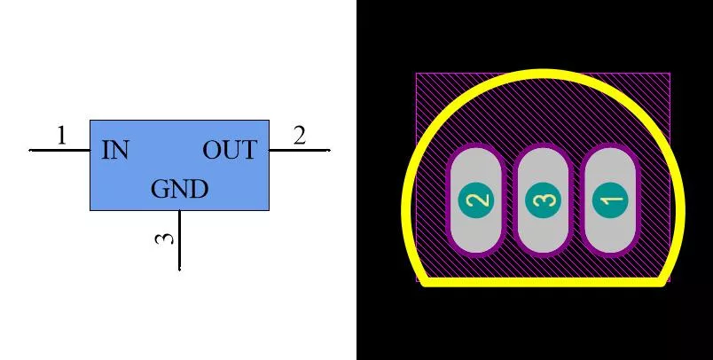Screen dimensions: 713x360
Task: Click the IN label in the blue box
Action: click(115, 150)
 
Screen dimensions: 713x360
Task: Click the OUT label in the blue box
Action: click(230, 150)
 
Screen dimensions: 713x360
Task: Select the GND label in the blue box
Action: click(180, 189)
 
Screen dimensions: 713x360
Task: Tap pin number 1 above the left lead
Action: click(61, 136)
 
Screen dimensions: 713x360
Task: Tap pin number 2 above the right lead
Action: click(299, 136)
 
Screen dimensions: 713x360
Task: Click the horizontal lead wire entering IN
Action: click(59, 150)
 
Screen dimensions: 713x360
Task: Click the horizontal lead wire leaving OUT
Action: click(300, 150)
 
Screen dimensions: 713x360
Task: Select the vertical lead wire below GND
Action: click(180, 240)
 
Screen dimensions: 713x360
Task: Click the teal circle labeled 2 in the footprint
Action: click(475, 200)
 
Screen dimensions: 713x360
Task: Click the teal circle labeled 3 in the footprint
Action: click(543, 200)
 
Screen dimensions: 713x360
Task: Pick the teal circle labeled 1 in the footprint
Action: click(610, 200)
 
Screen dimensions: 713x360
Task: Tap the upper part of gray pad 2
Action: click(475, 166)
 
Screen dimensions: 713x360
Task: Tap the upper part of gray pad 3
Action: click(543, 166)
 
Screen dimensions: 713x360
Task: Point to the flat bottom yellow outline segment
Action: click(543, 282)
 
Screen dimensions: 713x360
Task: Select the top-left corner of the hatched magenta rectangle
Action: click(417, 74)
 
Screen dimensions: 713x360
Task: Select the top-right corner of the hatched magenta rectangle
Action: click(670, 74)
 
